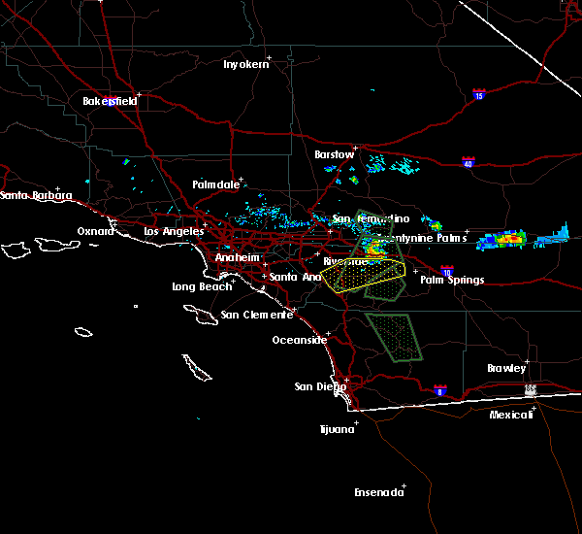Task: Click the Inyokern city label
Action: coord(244,64)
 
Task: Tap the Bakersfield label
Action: coord(109,101)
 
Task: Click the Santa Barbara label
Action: coord(36,196)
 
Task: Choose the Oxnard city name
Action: coord(96,231)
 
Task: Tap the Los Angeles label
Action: coord(174,231)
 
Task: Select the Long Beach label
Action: coord(202,286)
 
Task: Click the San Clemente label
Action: coord(256,315)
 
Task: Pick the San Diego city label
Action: coord(320,386)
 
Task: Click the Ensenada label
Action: coord(377,492)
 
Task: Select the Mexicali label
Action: coord(511,415)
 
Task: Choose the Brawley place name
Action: coord(506,368)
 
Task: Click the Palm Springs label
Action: coord(452,280)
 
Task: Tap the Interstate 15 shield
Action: coord(479,94)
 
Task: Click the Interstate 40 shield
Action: coord(468,162)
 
